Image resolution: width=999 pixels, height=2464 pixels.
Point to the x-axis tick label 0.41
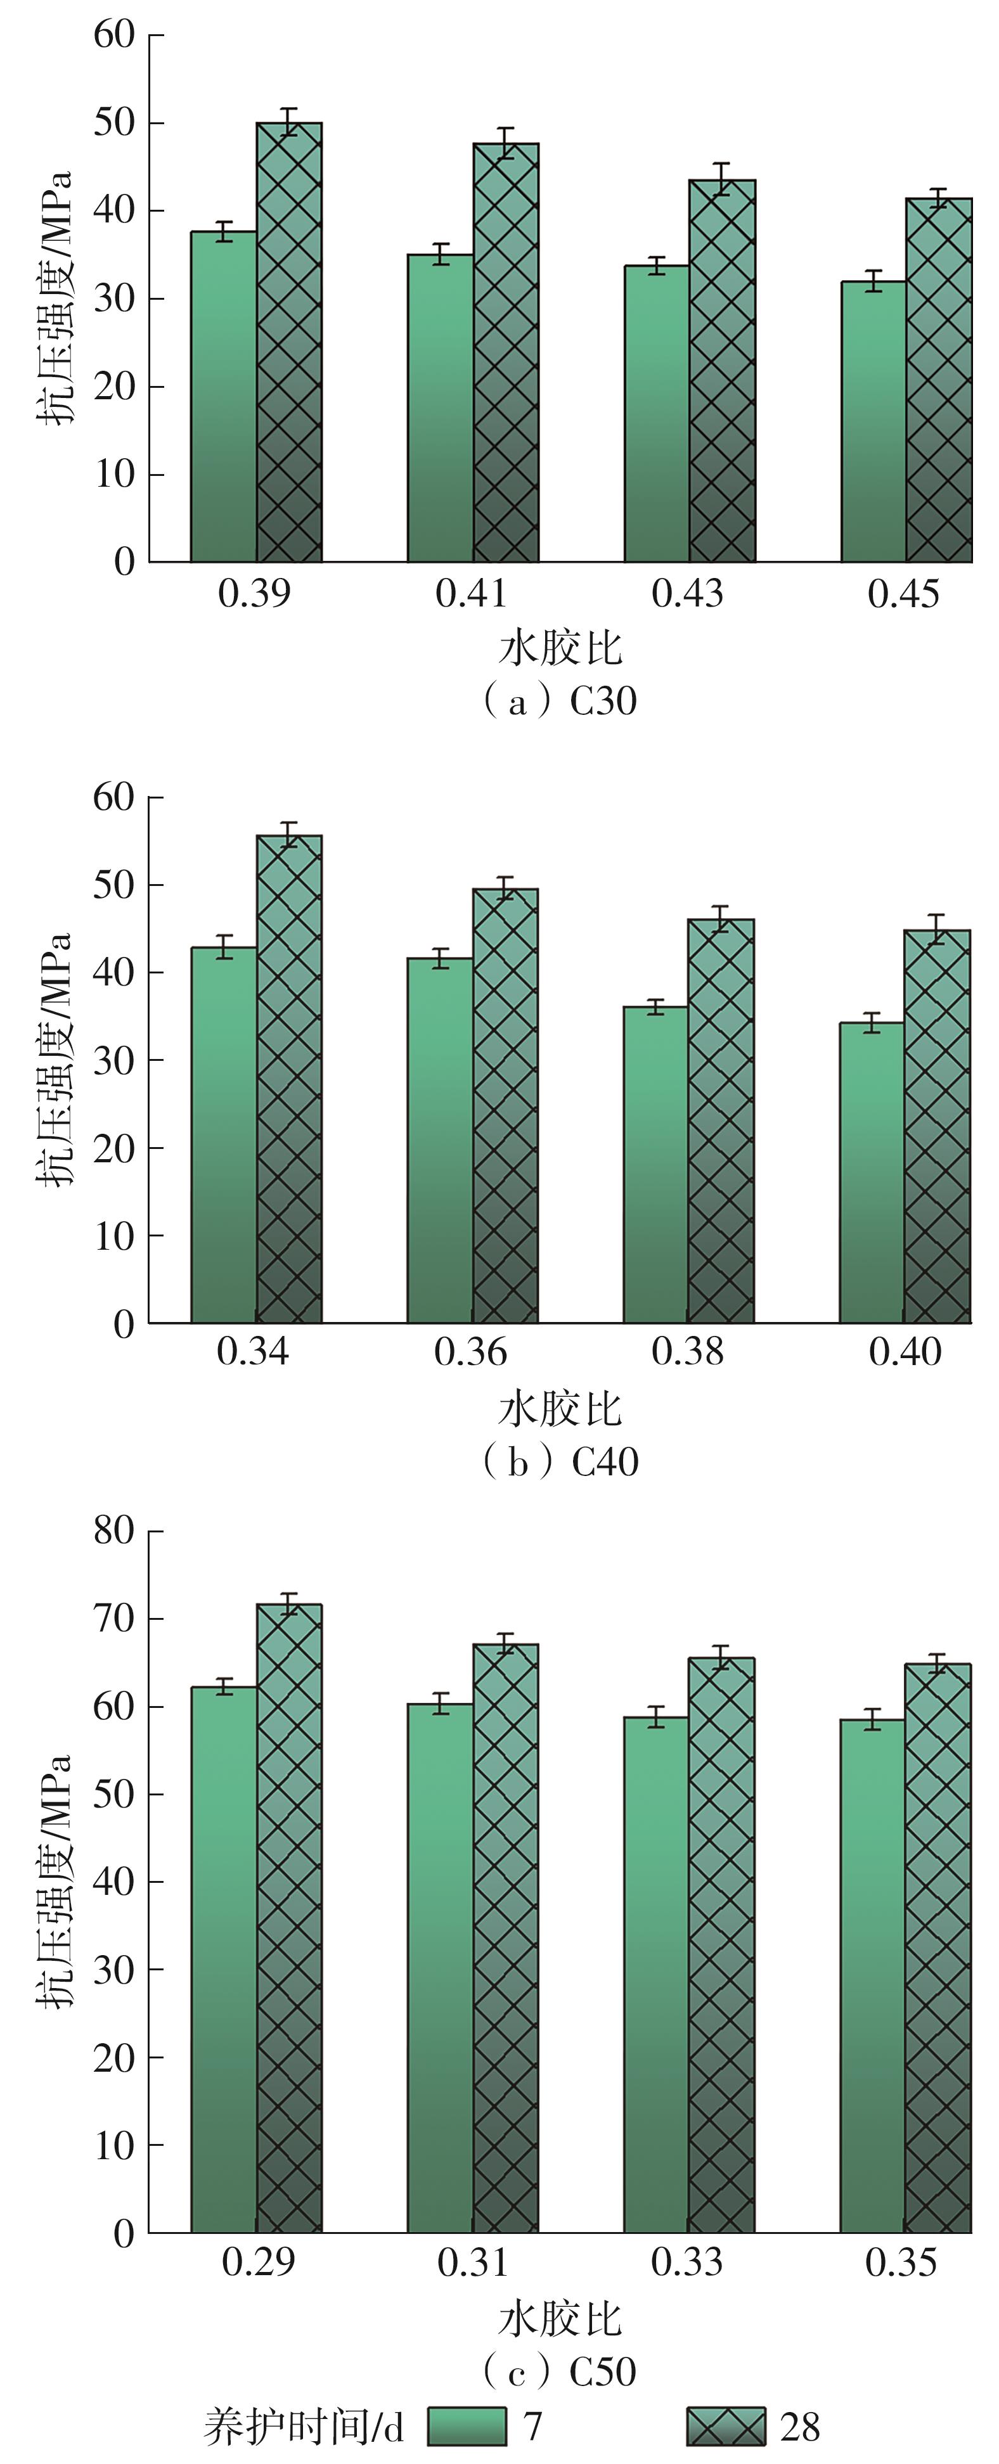[x=471, y=594]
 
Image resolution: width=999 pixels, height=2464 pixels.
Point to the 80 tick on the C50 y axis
[x=114, y=1530]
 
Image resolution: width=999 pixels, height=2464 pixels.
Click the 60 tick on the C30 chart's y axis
[x=114, y=35]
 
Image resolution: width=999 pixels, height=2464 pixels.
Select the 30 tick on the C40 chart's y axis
[x=114, y=1060]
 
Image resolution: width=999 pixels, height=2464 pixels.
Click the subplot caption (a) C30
[x=559, y=701]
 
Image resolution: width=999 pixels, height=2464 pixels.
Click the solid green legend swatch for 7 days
[x=466, y=2427]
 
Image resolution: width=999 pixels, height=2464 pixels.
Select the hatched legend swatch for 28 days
[x=726, y=2427]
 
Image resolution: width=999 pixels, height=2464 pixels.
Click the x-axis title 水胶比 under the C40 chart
[x=560, y=1409]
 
